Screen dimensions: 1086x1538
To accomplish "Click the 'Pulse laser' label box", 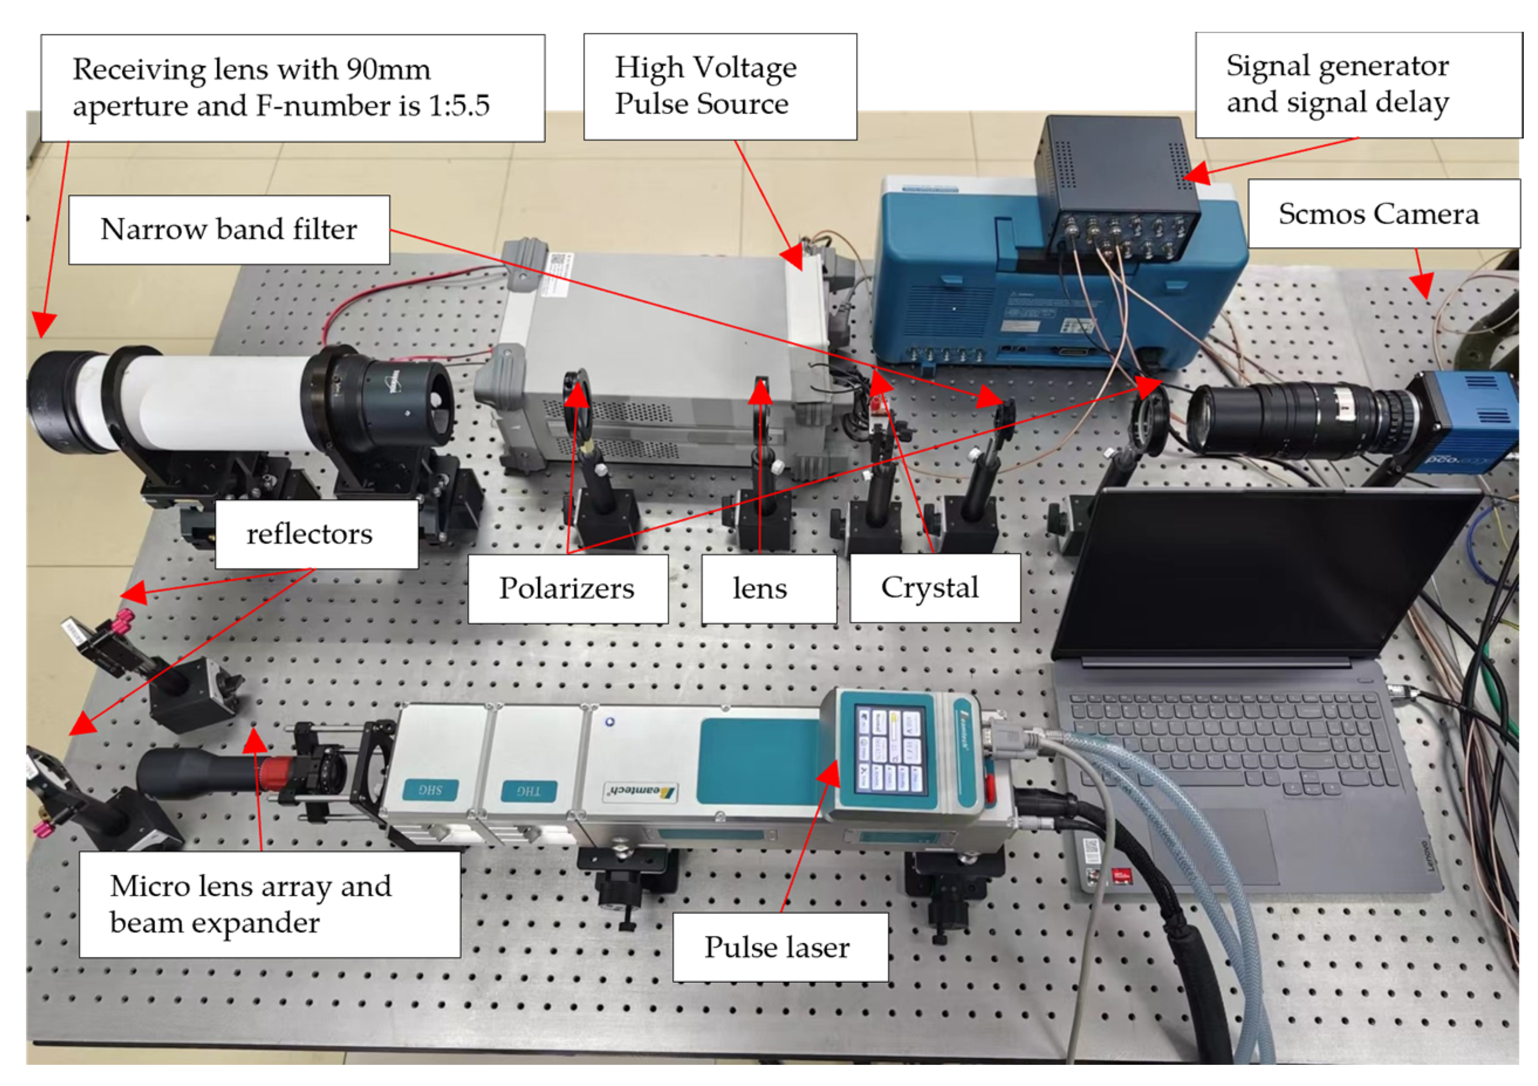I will [x=780, y=947].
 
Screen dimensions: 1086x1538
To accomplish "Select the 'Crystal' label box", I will [x=934, y=588].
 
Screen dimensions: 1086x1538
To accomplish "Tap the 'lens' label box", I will [x=768, y=588].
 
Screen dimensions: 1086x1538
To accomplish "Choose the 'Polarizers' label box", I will [x=567, y=588].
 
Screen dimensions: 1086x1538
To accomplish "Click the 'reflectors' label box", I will [x=316, y=534].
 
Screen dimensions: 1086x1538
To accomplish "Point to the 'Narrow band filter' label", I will [x=229, y=229].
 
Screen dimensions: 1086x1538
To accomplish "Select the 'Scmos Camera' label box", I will [x=1383, y=214].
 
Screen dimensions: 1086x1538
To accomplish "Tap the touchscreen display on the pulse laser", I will [x=889, y=752].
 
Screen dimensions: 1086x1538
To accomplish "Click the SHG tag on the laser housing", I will [x=430, y=790].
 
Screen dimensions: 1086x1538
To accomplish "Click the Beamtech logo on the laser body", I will [x=640, y=791].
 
